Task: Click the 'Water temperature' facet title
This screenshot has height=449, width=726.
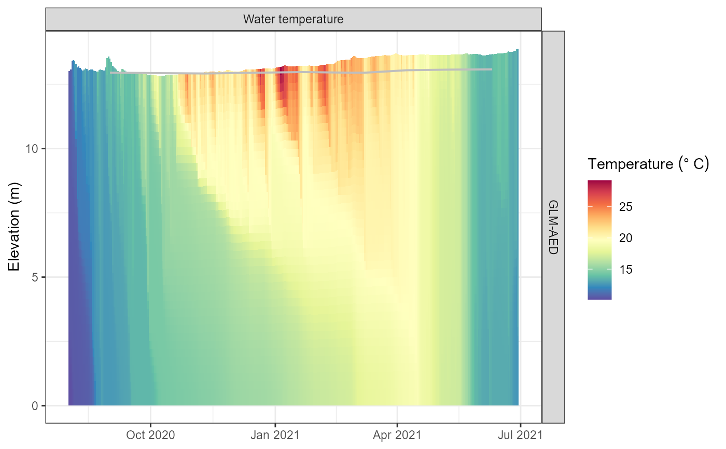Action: (294, 20)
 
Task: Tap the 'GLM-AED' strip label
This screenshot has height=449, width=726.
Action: (553, 227)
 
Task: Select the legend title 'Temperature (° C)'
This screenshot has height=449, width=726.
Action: (648, 164)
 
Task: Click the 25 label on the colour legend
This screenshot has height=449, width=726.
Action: (626, 207)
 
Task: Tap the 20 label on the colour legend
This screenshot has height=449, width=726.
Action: (626, 238)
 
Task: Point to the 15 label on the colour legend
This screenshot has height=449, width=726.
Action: (626, 270)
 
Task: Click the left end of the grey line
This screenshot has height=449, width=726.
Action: (111, 73)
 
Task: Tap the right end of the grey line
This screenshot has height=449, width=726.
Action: (491, 69)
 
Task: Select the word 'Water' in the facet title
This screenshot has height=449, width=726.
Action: (258, 20)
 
